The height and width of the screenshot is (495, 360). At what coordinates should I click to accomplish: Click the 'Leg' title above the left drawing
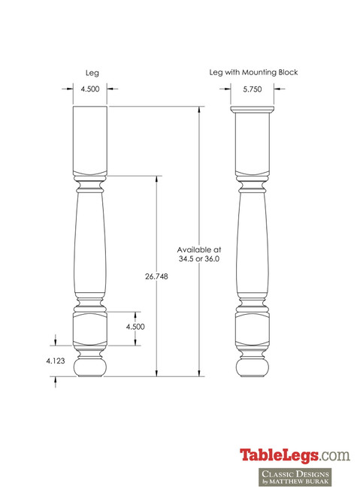[92, 73]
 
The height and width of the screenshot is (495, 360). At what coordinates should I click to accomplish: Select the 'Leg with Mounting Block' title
[253, 73]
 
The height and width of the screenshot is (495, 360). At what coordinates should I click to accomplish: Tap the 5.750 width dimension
[253, 89]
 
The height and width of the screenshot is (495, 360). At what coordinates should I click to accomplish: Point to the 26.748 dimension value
[156, 276]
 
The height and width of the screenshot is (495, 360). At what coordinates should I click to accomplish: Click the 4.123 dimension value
[54, 361]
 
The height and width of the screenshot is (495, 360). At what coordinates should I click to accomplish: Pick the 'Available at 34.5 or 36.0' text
[199, 253]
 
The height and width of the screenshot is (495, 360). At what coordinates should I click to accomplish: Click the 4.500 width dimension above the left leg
[90, 89]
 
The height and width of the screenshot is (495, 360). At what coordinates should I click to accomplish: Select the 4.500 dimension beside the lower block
[135, 327]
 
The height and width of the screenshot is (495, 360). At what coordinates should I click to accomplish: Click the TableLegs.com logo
[295, 455]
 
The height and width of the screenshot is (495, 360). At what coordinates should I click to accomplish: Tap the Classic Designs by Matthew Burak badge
[295, 478]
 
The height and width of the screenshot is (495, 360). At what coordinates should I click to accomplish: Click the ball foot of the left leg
[90, 367]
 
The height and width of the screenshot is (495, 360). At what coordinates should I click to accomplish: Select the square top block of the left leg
[90, 139]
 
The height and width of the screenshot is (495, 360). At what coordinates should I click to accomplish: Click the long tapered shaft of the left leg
[90, 240]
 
